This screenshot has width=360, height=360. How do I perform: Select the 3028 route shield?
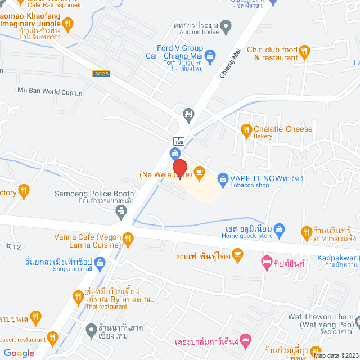[102, 73]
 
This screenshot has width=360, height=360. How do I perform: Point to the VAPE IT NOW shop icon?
[222, 178]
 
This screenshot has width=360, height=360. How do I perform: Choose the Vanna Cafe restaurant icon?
[128, 238]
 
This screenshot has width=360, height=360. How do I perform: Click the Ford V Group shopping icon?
[210, 55]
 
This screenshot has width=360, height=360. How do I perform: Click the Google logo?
[19, 353]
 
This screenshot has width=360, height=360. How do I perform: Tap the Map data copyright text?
[335, 355]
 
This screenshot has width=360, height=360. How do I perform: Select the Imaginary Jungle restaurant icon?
[68, 24]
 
